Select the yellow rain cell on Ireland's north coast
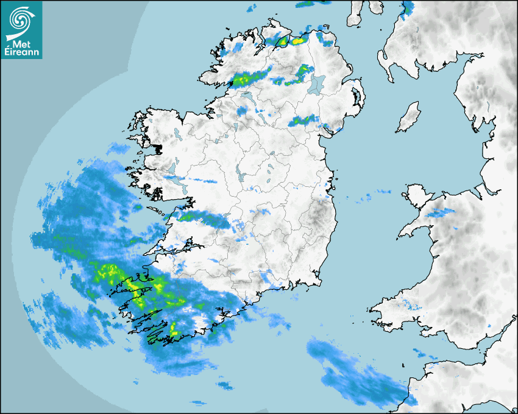[x=298, y=41]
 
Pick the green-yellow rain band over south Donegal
[x=247, y=79]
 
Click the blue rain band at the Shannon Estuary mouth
[x=201, y=218]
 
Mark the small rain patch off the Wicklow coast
[x=366, y=198]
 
